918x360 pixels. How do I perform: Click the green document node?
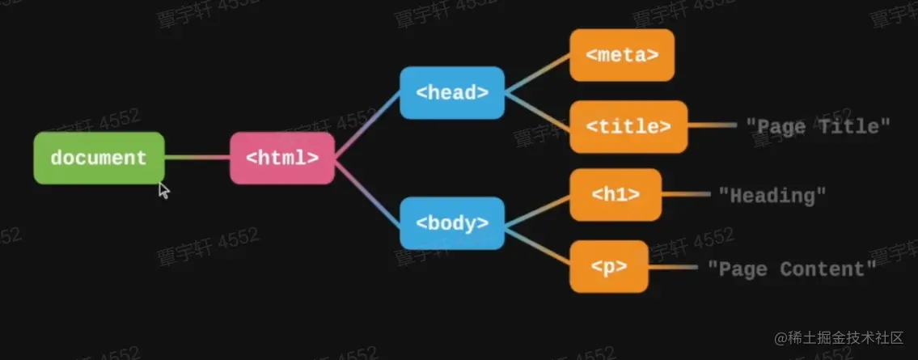click(x=99, y=158)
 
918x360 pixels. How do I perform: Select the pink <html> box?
click(x=281, y=158)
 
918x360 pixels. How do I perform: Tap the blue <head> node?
click(x=452, y=93)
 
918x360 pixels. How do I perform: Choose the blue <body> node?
click(x=452, y=222)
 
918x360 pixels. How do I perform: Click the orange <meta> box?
click(x=621, y=55)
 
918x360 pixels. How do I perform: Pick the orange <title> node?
click(x=628, y=127)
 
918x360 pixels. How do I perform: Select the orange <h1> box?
click(x=615, y=195)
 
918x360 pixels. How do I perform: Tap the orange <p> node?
click(x=608, y=266)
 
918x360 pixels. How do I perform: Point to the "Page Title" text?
click(x=817, y=126)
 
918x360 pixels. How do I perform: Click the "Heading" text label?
click(x=772, y=195)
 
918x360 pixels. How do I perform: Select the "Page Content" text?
click(x=791, y=269)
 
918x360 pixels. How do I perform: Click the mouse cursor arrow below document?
click(x=163, y=191)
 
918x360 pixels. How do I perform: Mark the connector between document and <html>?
click(x=197, y=158)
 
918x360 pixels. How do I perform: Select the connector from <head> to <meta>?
click(x=537, y=73)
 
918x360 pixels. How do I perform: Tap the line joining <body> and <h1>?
click(x=537, y=209)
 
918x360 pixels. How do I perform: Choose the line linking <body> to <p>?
click(x=537, y=244)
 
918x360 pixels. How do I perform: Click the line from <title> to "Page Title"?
click(x=712, y=127)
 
